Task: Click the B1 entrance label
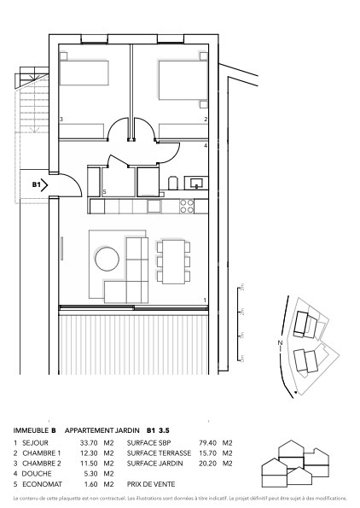point(37,184)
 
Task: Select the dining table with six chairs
point(175,261)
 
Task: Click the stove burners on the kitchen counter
point(187,206)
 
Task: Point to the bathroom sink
point(195,182)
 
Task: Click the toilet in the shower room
point(171,183)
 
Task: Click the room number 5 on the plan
point(104,193)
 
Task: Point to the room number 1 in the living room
point(206,299)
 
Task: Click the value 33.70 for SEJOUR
point(89,443)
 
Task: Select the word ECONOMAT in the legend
point(42,483)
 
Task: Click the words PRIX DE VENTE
point(150,483)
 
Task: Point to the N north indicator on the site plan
point(279,343)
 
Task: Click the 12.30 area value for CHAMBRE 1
point(89,453)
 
